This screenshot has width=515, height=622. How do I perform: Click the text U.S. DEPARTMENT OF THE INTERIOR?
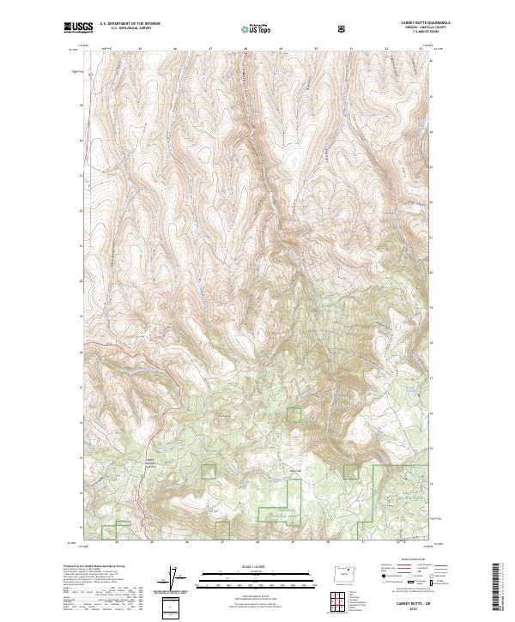coord(130,24)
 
